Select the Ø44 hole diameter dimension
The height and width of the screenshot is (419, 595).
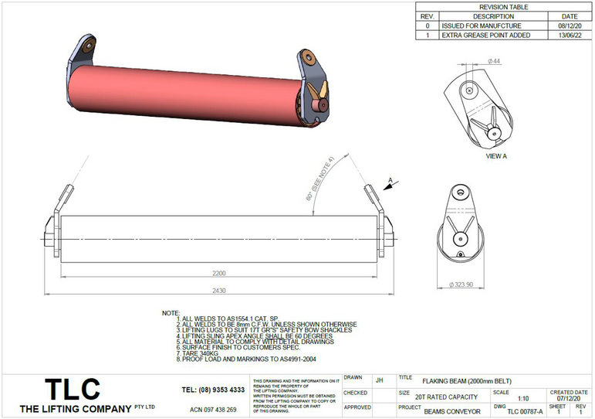pyautogui.click(x=495, y=61)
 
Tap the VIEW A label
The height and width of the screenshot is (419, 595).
pyautogui.click(x=495, y=155)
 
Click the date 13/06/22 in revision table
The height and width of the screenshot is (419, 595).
pyautogui.click(x=569, y=36)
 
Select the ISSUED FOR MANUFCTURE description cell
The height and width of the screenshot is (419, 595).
pyautogui.click(x=475, y=26)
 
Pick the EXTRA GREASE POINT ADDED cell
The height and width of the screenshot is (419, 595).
pyautogui.click(x=485, y=36)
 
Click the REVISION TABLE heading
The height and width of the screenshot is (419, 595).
pyautogui.click(x=505, y=6)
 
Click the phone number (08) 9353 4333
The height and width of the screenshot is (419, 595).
pyautogui.click(x=213, y=390)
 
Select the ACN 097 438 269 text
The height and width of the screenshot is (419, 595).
pyautogui.click(x=213, y=409)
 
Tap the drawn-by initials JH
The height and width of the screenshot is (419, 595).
pyautogui.click(x=379, y=380)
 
